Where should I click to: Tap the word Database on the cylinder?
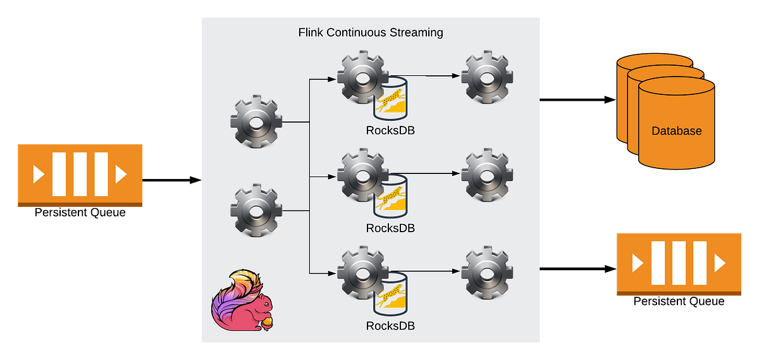click(676, 131)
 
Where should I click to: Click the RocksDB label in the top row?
click(390, 130)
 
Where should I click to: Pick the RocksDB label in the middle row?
click(390, 228)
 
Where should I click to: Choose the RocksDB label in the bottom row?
click(390, 326)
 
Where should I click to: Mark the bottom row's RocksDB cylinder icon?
click(390, 294)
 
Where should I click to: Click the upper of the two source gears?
click(256, 121)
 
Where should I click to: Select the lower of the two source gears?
click(256, 210)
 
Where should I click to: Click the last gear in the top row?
click(486, 78)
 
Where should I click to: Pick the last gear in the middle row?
click(486, 173)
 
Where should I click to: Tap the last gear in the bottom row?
click(486, 272)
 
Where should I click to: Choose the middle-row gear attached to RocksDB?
click(362, 173)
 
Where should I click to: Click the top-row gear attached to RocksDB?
click(362, 78)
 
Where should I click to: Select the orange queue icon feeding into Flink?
click(80, 173)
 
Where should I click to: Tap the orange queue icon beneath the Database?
click(679, 262)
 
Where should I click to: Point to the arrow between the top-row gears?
click(430, 77)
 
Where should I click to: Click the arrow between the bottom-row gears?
click(430, 271)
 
